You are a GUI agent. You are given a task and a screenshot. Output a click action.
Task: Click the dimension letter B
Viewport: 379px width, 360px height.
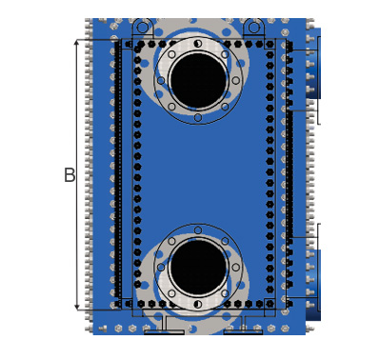[x=70, y=175]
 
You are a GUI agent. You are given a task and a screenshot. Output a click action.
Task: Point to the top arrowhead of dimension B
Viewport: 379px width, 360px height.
[x=77, y=43]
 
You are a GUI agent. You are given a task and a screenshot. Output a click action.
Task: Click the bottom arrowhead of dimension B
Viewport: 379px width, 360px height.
[x=77, y=307]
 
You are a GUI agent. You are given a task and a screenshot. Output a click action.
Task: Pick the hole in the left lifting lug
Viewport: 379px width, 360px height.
[x=143, y=28]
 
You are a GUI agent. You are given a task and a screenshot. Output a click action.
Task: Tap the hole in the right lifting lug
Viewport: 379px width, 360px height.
[x=254, y=28]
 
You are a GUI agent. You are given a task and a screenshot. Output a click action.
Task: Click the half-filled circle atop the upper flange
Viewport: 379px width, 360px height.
[x=198, y=44]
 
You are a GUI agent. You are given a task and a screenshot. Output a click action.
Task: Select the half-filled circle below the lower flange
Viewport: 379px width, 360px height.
[x=198, y=305]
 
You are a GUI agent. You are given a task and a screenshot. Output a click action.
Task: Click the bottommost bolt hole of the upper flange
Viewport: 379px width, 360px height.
[x=198, y=118]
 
